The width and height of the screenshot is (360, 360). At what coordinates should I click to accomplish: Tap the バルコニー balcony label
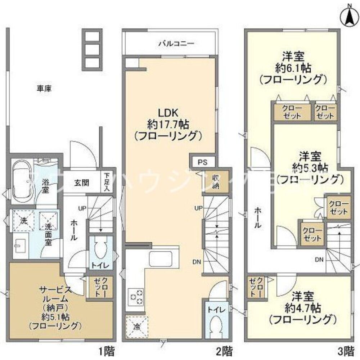[x=176, y=44]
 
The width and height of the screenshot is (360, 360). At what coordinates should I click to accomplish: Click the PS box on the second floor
[x=202, y=162]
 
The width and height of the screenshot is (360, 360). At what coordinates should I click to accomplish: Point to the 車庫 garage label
[x=44, y=88]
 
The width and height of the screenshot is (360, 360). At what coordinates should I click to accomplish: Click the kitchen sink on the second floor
[x=162, y=258]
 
